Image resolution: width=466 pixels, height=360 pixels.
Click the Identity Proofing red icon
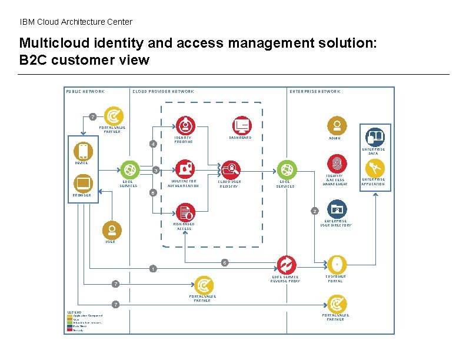point(185,125)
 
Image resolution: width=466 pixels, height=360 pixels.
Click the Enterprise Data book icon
point(374,137)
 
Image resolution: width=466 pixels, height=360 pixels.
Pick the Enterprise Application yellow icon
point(374,168)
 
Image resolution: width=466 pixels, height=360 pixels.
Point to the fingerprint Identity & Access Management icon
point(337,163)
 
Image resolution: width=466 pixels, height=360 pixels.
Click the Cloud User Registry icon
point(231,169)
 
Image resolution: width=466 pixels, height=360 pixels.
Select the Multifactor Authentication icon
point(185,168)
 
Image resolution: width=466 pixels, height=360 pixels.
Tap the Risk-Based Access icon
point(185,212)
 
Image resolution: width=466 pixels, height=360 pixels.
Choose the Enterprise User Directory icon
point(337,209)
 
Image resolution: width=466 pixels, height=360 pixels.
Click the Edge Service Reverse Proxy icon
point(286,264)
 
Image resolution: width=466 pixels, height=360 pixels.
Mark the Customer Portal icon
point(336,264)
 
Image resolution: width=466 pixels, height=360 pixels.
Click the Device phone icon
point(83,151)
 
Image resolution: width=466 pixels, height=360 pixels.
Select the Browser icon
point(83,184)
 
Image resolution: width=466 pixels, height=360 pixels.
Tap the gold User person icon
point(111,230)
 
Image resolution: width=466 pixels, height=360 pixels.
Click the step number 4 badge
point(153,144)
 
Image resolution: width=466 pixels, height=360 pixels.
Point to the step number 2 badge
point(315,211)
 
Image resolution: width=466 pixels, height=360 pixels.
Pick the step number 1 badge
point(152,269)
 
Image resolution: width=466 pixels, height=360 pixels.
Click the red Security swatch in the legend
point(69,330)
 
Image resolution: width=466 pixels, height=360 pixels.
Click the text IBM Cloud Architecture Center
point(76,22)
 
